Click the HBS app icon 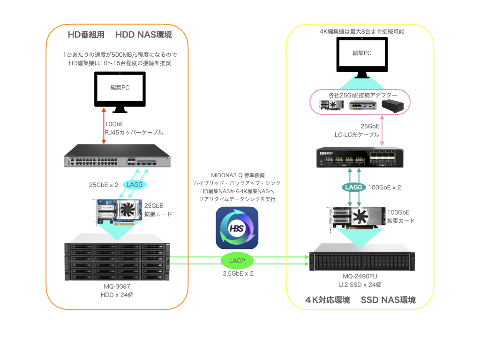tap(237, 228)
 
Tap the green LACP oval tap(237, 261)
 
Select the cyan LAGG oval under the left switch tap(135, 185)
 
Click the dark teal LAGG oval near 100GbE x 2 tap(353, 187)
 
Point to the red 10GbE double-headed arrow tap(104, 126)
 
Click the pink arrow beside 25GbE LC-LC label tap(382, 130)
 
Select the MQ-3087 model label tap(117, 286)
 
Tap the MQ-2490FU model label tap(360, 276)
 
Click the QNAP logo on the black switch tap(326, 153)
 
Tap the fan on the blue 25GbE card tap(127, 210)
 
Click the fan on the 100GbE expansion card tap(360, 216)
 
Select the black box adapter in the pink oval tap(392, 105)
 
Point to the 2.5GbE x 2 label tap(238, 274)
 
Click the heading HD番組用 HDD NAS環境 tap(120, 35)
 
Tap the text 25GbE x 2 tap(104, 185)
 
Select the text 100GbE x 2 tap(384, 187)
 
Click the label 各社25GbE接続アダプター tap(363, 95)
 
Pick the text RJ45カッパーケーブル tap(134, 133)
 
